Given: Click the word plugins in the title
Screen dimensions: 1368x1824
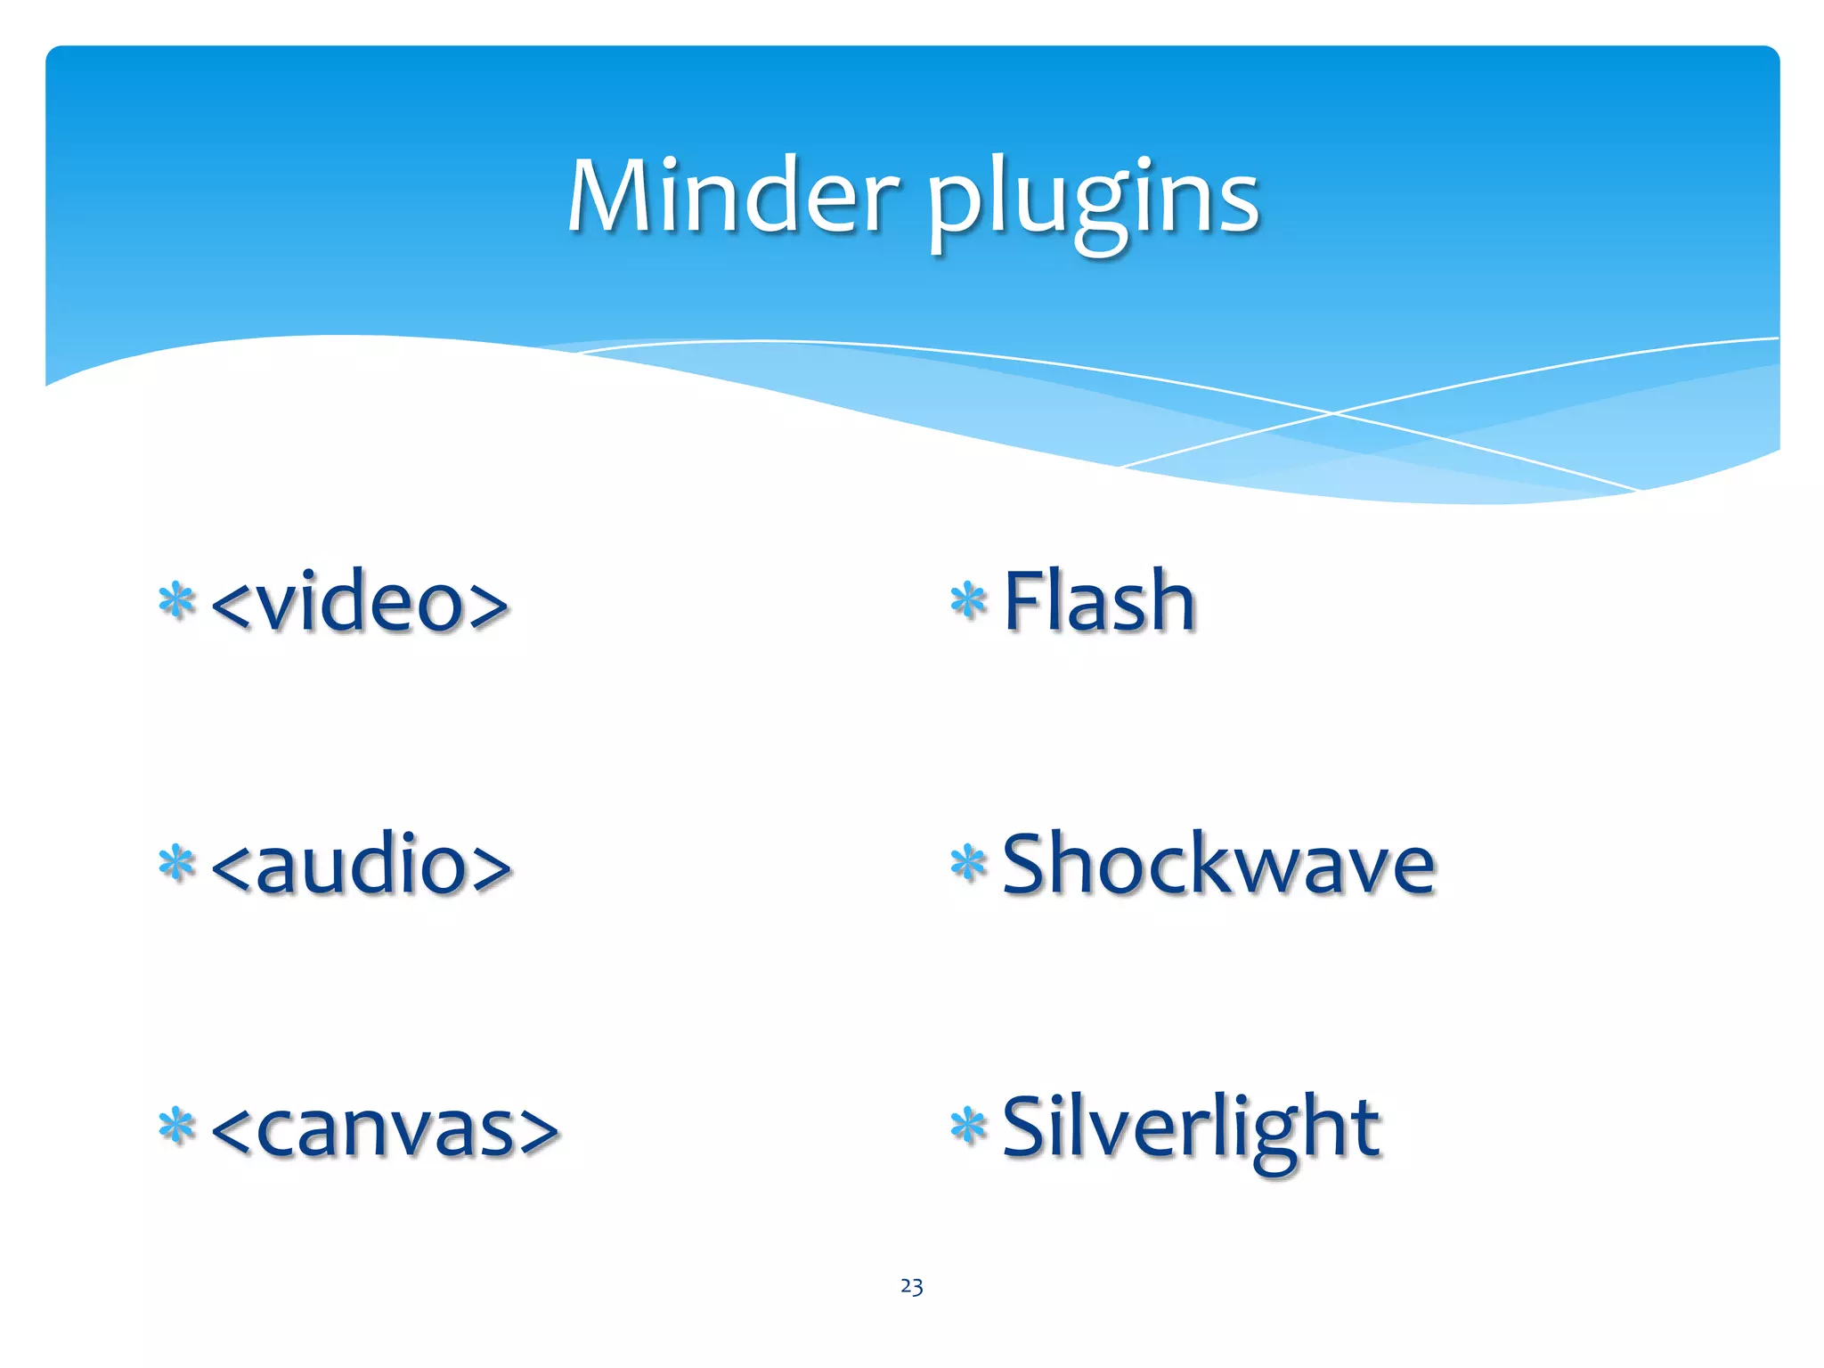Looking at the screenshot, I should coord(1094,200).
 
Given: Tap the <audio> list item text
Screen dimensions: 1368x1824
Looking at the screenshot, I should coord(362,864).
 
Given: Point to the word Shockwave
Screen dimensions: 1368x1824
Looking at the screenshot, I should coord(1218,864).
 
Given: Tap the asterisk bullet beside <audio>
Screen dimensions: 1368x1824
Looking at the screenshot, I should coord(176,863).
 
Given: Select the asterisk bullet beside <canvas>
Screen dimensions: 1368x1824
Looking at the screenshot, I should coord(176,1126).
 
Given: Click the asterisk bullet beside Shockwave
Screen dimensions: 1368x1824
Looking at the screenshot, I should coord(968,863).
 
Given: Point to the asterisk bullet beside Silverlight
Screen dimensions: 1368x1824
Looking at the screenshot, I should coord(968,1126).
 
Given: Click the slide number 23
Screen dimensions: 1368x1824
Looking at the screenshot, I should coord(911,1286).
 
